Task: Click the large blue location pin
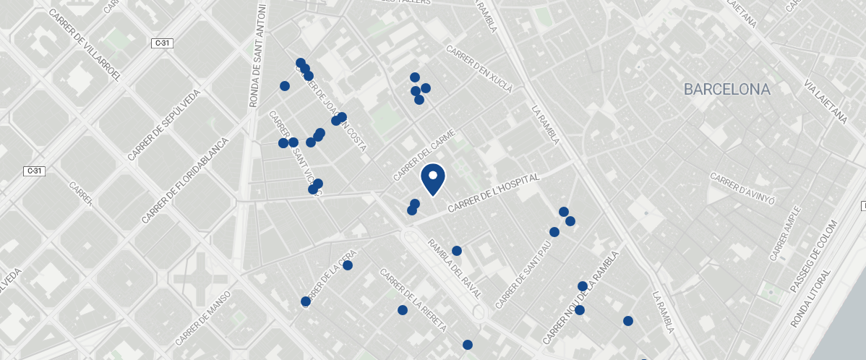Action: point(432,179)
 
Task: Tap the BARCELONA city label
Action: point(727,90)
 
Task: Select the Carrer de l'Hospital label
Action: point(494,193)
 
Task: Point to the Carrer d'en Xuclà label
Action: point(479,70)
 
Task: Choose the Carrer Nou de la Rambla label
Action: point(582,298)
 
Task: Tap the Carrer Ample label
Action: point(785,233)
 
